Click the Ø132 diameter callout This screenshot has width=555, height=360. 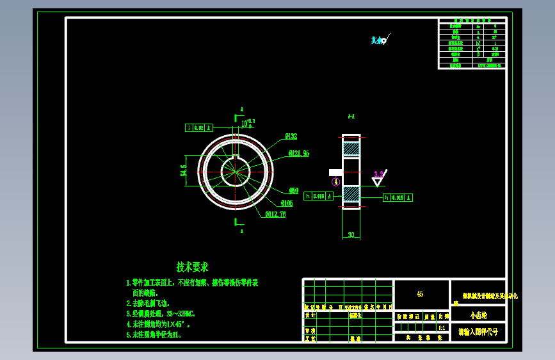[291, 136]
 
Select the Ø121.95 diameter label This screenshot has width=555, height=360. [299, 154]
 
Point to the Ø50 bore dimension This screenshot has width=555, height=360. [294, 191]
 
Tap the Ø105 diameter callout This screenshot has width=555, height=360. [286, 204]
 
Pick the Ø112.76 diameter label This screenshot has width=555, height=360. [275, 215]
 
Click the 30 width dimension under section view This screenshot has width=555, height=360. [351, 235]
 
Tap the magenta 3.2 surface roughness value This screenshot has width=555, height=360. [378, 174]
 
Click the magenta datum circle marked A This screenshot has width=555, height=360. [335, 182]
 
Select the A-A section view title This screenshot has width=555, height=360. [351, 117]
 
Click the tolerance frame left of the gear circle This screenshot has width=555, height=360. [198, 128]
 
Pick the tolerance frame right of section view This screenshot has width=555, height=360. [398, 198]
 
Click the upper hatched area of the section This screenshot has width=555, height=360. [351, 149]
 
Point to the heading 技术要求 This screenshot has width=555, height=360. [192, 266]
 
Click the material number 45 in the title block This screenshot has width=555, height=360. [420, 294]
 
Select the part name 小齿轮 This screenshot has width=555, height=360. [478, 315]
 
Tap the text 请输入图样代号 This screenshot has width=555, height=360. [478, 332]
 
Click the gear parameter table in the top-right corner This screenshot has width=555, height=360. [472, 44]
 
